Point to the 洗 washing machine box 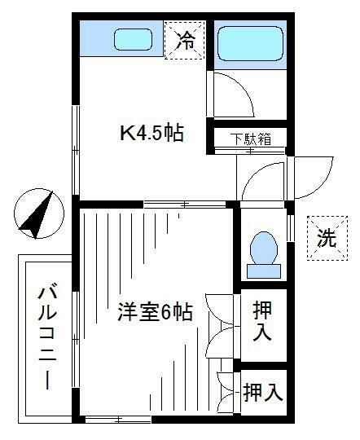(326, 239)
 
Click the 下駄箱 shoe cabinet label (249, 139)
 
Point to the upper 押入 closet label (261, 323)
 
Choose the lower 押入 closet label (262, 393)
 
